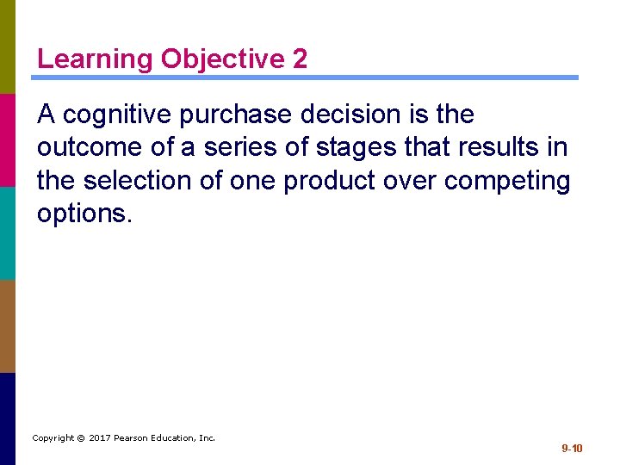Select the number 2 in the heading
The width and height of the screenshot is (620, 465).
pyautogui.click(x=300, y=59)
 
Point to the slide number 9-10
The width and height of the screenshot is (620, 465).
pyautogui.click(x=573, y=449)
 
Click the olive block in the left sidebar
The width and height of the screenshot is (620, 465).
pyautogui.click(x=8, y=46)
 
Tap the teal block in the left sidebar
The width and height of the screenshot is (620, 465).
pyautogui.click(x=8, y=232)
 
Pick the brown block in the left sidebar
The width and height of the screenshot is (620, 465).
pyautogui.click(x=8, y=325)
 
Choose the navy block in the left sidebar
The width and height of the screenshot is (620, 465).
pyautogui.click(x=8, y=418)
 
